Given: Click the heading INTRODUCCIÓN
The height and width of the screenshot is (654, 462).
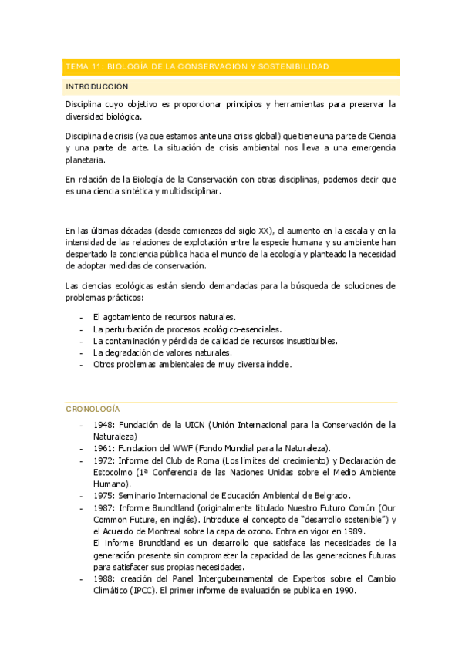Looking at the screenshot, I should tap(97, 86).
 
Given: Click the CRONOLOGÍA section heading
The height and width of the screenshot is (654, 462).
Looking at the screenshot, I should tap(93, 409).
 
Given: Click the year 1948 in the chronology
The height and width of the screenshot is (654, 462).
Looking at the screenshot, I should tap(103, 425).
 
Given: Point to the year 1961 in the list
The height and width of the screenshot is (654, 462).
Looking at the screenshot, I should tap(103, 448).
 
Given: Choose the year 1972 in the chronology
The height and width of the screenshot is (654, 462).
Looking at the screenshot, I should tap(103, 460).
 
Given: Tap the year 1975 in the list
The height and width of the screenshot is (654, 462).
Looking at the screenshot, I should tap(103, 495).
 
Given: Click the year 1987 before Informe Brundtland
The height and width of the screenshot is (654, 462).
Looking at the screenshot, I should tap(103, 507).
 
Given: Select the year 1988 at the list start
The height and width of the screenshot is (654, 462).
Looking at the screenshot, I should tap(103, 579).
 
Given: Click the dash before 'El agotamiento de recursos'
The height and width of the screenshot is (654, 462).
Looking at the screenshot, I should tap(82, 317).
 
